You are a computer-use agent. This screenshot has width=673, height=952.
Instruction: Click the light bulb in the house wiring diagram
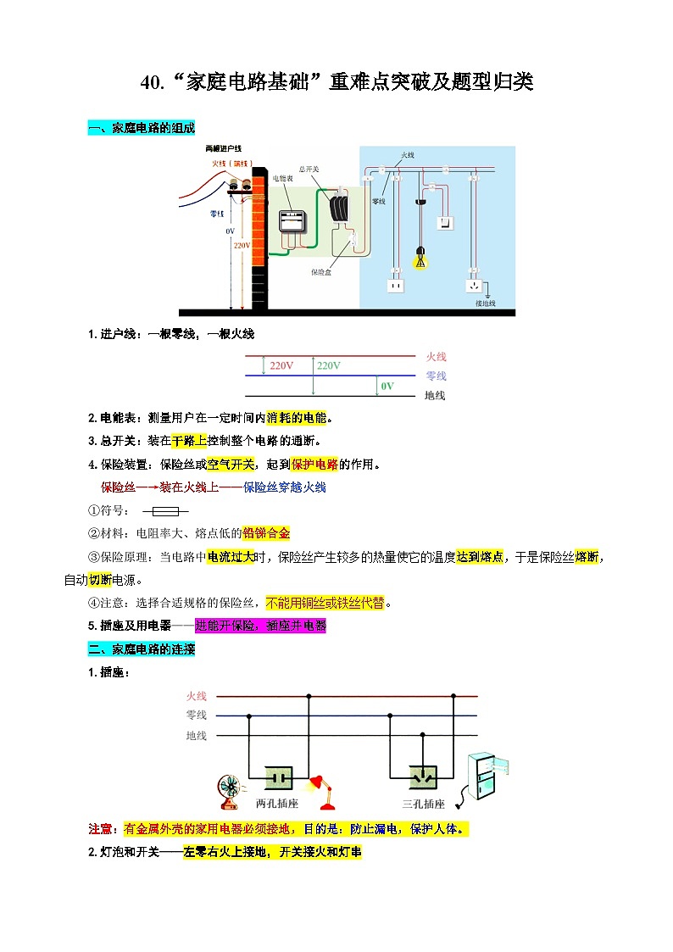419,258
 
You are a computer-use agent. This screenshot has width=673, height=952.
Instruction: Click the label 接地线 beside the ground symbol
486,303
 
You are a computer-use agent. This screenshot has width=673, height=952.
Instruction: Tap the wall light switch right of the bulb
446,222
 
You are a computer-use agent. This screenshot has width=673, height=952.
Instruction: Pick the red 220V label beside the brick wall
242,246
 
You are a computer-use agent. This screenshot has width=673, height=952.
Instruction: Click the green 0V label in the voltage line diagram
387,386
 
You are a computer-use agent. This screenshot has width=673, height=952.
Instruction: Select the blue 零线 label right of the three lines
436,376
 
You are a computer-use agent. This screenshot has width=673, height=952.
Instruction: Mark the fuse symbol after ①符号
165,511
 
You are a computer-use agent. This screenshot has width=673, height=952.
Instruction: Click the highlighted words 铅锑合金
266,533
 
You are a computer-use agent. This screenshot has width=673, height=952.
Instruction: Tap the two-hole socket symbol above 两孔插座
279,777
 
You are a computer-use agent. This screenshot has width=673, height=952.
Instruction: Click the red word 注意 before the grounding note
101,828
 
